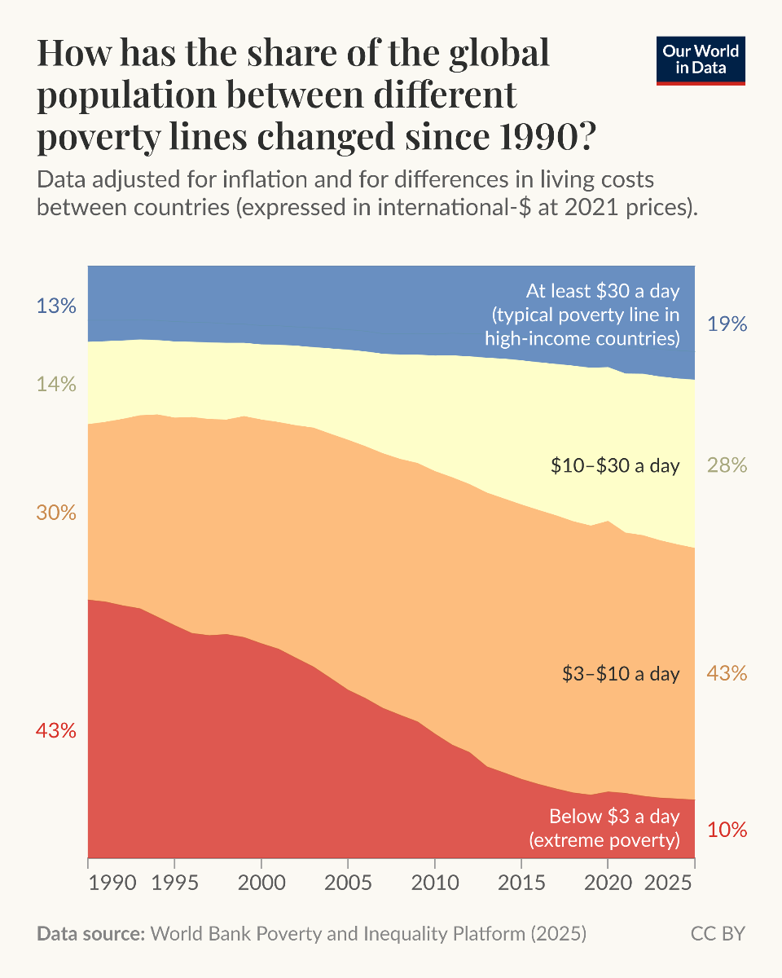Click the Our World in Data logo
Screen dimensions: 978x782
(x=701, y=59)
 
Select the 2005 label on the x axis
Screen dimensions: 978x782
(x=348, y=883)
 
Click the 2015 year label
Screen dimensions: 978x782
(x=521, y=883)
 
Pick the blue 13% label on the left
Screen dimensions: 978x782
(x=55, y=306)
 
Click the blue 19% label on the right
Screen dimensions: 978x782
(x=727, y=324)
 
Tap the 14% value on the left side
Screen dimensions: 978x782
(x=55, y=383)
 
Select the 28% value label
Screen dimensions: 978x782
(x=727, y=465)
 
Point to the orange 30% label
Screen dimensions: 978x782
(x=55, y=513)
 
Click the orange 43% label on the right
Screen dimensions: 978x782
(x=727, y=673)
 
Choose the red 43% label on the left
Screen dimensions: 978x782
(x=55, y=730)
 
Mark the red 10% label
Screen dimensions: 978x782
(x=727, y=830)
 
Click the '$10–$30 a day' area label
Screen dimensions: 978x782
(x=615, y=465)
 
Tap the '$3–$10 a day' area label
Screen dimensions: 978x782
(x=621, y=673)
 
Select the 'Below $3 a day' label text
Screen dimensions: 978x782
(x=614, y=817)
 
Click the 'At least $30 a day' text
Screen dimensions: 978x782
(x=603, y=291)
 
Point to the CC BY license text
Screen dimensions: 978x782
(x=718, y=933)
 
